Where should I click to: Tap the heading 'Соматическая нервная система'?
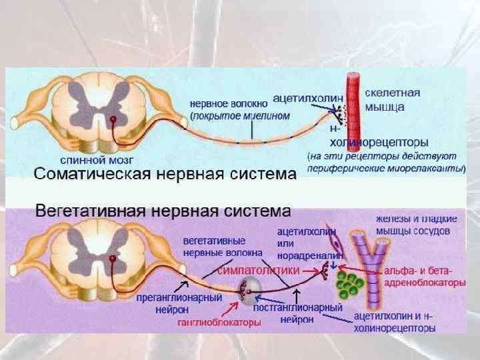[x=164, y=176]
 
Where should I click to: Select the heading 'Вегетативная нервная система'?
[x=163, y=212]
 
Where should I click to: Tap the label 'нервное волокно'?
[x=229, y=103]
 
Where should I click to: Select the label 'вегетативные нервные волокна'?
[x=214, y=245]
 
